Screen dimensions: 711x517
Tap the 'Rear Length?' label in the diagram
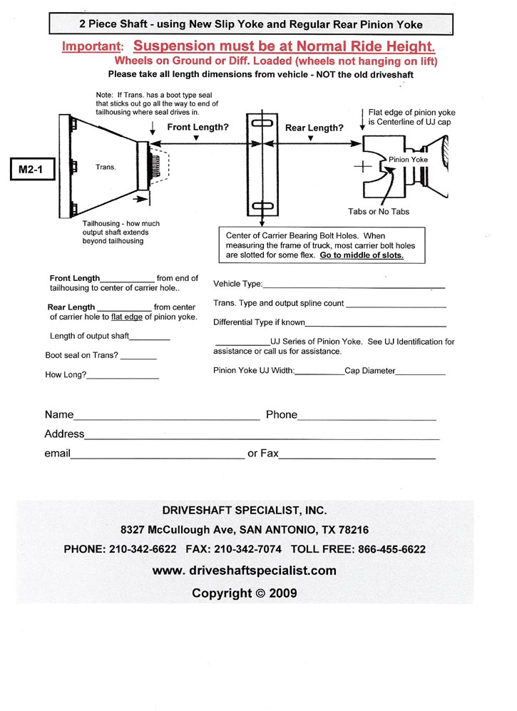tap(314, 128)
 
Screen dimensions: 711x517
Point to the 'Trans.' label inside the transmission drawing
tap(105, 167)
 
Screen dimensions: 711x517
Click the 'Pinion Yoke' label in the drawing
tap(409, 160)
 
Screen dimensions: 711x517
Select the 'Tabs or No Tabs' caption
tap(379, 211)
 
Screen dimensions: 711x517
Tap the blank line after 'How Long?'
tap(123, 377)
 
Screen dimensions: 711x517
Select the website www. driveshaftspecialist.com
tap(244, 571)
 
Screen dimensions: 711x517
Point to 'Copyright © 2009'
tap(244, 593)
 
